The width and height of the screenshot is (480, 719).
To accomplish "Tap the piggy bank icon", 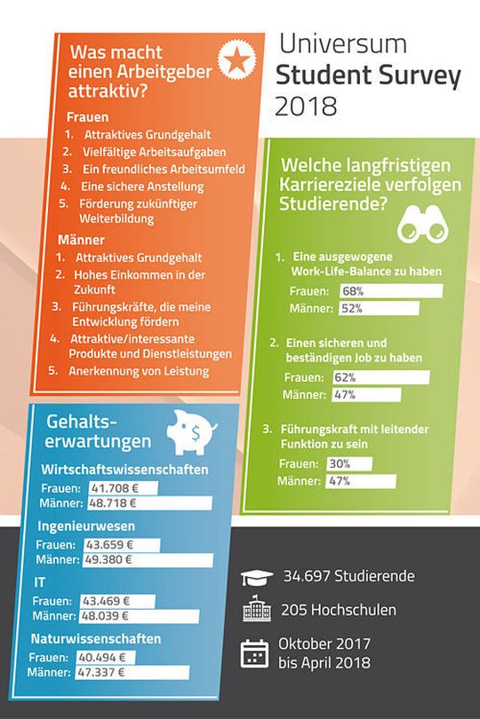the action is coord(193,432).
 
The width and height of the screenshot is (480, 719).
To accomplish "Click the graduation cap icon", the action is coord(254,576).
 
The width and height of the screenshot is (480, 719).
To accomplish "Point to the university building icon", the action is coord(254,612).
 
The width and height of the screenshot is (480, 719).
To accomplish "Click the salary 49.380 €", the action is coord(108,560).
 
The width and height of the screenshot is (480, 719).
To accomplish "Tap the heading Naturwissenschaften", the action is coord(96,638).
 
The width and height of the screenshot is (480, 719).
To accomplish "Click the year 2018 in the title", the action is coord(306,107).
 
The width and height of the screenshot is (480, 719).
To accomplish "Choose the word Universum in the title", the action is coord(343,43).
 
